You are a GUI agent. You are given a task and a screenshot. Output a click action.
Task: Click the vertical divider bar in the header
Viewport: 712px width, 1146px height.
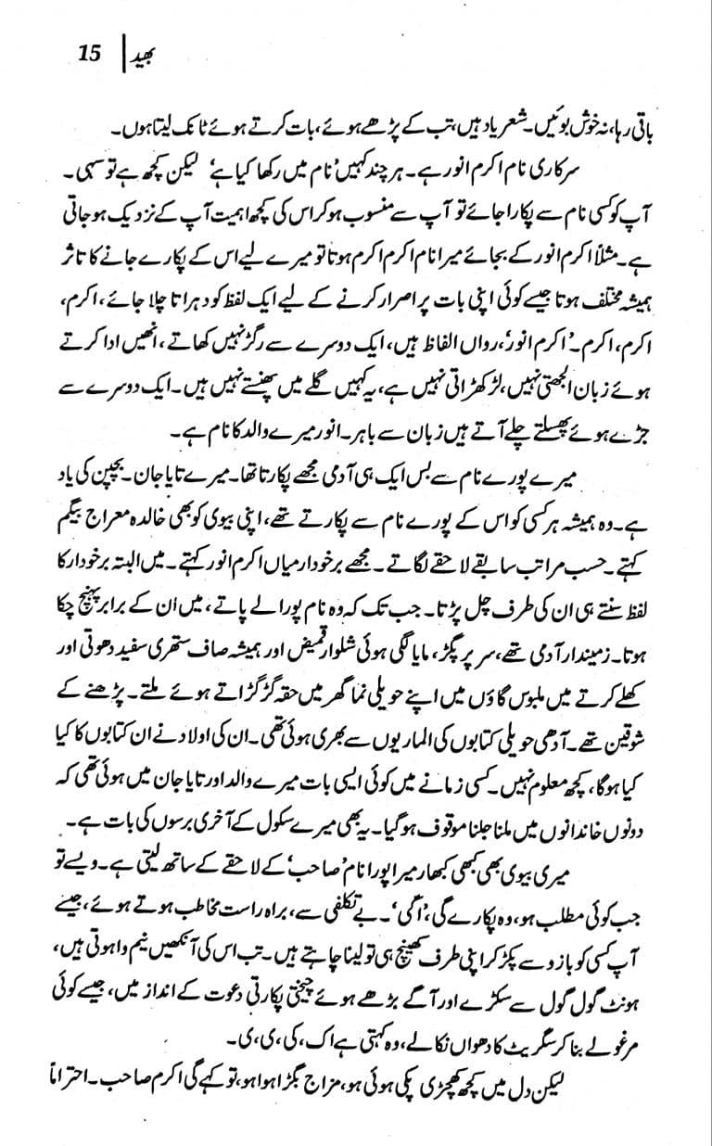(x=121, y=53)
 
